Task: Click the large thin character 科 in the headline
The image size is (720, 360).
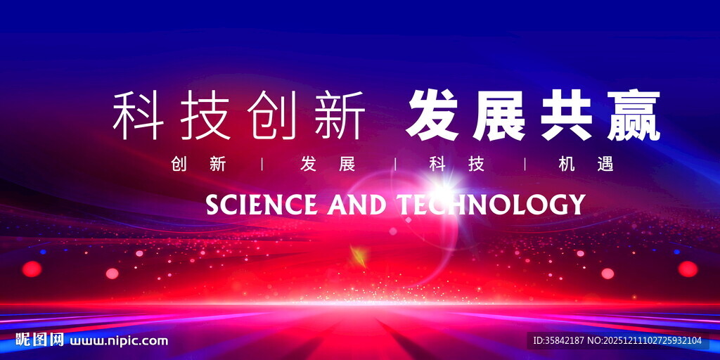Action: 138,115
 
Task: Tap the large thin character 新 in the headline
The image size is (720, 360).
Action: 340,115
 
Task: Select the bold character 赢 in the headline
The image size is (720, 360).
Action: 634,115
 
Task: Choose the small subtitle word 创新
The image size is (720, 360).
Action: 199,165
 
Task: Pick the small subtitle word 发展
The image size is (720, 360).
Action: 328,165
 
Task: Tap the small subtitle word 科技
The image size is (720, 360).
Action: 458,165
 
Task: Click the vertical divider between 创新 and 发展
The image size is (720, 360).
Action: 263,165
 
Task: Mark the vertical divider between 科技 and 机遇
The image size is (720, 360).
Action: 525,165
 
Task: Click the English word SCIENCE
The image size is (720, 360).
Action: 261,205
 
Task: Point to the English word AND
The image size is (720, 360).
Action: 357,205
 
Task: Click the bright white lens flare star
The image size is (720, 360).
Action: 442,188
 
